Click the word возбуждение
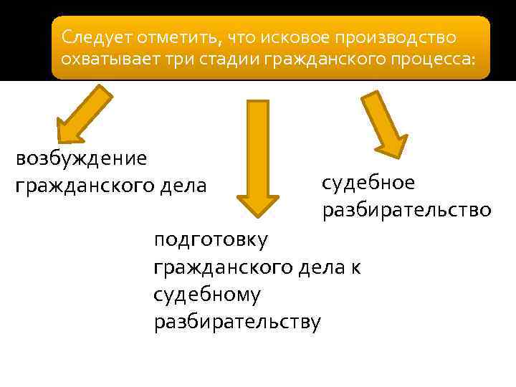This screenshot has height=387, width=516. click(x=81, y=158)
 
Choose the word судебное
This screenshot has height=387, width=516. click(x=368, y=183)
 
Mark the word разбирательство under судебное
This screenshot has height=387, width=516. click(x=406, y=210)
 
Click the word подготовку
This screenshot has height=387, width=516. click(x=211, y=239)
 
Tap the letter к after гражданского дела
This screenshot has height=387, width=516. click(x=356, y=267)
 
